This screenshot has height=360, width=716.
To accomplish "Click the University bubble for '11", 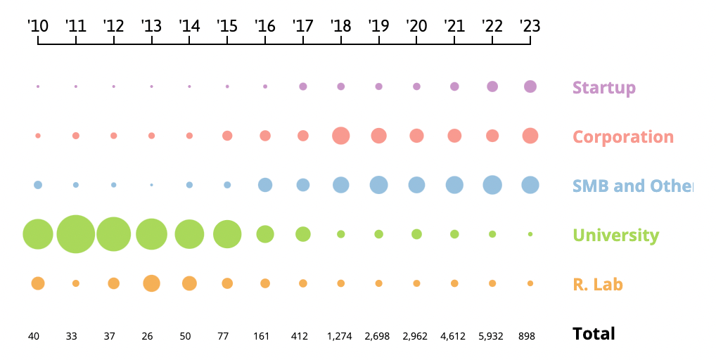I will click(76, 234).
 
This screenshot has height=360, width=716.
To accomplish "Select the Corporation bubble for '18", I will click(341, 136).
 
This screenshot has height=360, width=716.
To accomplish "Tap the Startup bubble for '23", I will click(530, 86).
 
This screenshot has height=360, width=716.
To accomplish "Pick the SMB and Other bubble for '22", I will click(492, 185).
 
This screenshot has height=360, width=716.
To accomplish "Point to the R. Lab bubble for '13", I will click(151, 283).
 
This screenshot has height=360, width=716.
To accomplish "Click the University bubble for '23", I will click(530, 234).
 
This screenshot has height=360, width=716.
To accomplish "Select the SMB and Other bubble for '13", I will click(151, 185).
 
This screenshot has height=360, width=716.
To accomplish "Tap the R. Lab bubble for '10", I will click(38, 283).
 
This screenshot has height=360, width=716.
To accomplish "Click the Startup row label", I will click(603, 88).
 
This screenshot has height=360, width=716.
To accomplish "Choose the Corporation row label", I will click(622, 137).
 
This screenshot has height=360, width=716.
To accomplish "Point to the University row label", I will click(615, 236).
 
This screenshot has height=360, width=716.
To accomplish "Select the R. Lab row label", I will click(598, 285).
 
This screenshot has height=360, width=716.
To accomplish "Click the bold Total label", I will click(594, 334).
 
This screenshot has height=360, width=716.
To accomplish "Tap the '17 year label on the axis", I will click(302, 26).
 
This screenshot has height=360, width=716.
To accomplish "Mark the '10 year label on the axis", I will click(38, 26).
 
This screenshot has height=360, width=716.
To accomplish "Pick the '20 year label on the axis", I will click(416, 26).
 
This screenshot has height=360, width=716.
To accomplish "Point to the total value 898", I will click(530, 336).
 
